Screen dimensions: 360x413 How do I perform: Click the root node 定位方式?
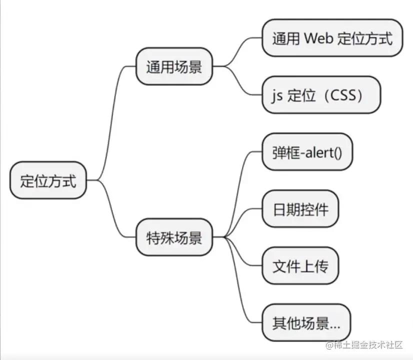point(48,180)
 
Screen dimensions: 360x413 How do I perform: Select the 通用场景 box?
point(174,66)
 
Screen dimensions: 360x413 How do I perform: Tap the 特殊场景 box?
point(174,237)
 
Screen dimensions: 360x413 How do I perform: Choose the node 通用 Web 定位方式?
point(332,38)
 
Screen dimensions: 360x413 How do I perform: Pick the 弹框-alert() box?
point(307,152)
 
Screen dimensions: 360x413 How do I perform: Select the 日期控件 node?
point(300,209)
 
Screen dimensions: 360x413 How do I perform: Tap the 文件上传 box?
point(300,266)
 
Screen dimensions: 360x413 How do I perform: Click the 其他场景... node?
point(306,323)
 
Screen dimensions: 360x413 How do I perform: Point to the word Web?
point(319,38)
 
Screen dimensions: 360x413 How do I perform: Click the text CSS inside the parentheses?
point(344,95)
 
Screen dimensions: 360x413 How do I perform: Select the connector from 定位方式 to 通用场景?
point(111,120)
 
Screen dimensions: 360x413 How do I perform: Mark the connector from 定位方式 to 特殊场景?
point(111,210)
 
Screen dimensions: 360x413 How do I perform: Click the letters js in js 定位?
point(277,95)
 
